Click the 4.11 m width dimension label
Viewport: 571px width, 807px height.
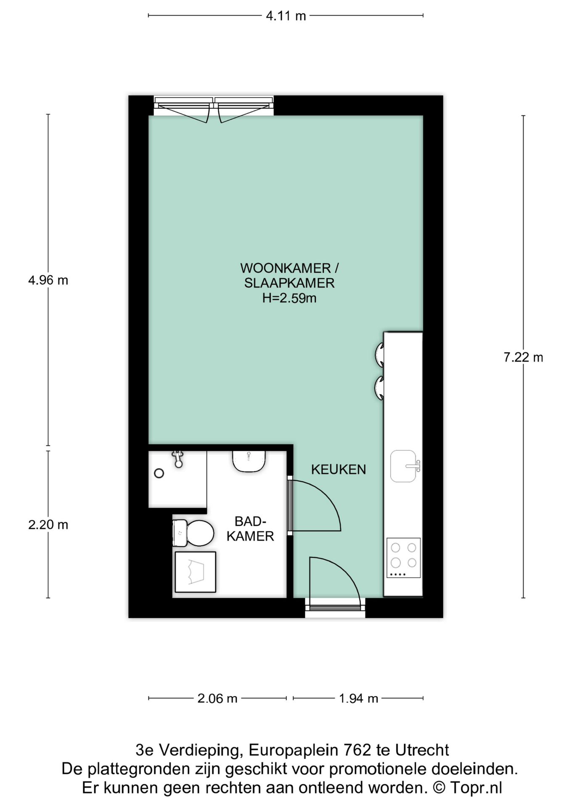(x=286, y=16)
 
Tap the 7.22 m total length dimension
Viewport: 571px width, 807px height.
(x=523, y=357)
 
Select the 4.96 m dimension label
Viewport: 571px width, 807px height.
(x=48, y=280)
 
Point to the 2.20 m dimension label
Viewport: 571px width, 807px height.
(x=48, y=525)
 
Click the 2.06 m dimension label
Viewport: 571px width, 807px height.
(x=217, y=699)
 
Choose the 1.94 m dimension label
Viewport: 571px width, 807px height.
(x=359, y=699)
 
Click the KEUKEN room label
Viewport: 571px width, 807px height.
(x=338, y=469)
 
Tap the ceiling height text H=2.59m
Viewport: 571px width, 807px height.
(x=289, y=298)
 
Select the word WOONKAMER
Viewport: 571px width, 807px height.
(x=285, y=268)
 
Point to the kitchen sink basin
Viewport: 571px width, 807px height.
(x=403, y=466)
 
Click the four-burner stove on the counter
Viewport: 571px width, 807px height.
(x=404, y=558)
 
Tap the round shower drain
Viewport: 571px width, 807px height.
(x=159, y=473)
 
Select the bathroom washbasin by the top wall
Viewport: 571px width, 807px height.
(x=249, y=461)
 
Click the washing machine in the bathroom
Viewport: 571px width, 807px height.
(x=195, y=572)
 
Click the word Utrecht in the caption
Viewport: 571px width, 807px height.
(x=422, y=750)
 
